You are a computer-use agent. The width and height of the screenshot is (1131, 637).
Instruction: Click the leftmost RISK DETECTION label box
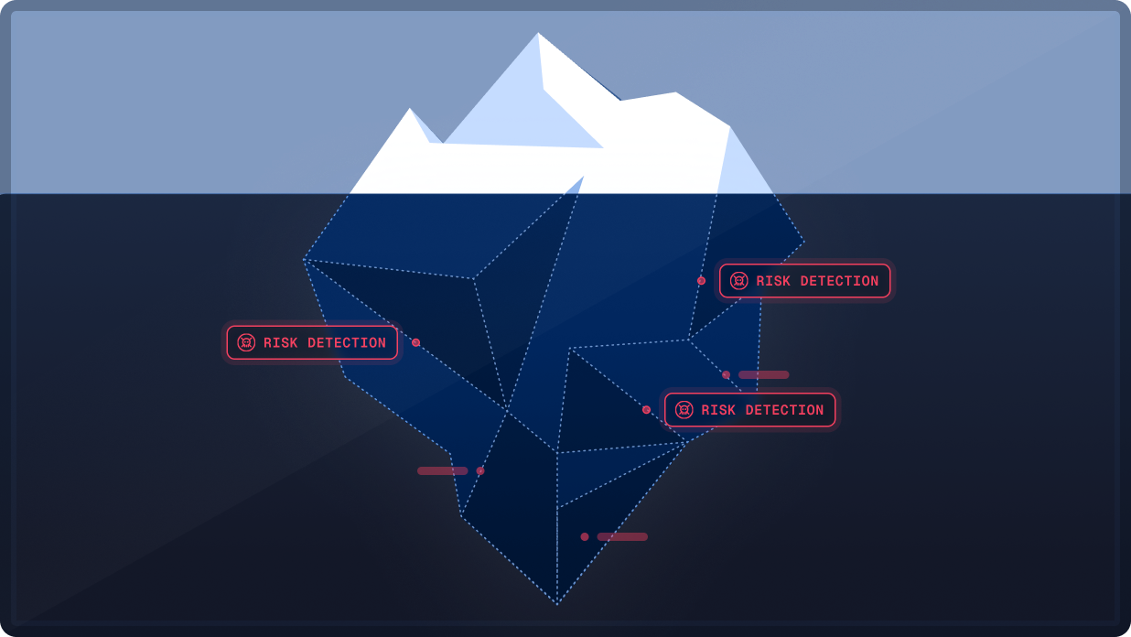pyautogui.click(x=312, y=342)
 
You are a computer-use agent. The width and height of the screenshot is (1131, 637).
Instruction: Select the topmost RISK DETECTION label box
pyautogui.click(x=804, y=281)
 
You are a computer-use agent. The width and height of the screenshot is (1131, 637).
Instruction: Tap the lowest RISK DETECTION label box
pyautogui.click(x=749, y=410)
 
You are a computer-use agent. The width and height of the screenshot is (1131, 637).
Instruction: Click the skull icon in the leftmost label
pyautogui.click(x=246, y=342)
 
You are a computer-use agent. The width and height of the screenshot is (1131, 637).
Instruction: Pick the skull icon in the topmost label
pyautogui.click(x=738, y=281)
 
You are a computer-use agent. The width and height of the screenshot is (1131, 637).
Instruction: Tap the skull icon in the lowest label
pyautogui.click(x=684, y=410)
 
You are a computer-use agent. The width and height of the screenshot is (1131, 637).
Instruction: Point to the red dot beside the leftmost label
pyautogui.click(x=415, y=342)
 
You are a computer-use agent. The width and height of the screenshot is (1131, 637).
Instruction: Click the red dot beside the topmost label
pyautogui.click(x=701, y=281)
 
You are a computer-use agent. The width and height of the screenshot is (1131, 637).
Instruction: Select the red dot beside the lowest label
pyautogui.click(x=646, y=410)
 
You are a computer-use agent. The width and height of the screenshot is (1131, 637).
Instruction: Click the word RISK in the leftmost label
pyautogui.click(x=281, y=343)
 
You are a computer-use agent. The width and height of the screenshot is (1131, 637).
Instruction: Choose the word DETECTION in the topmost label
pyautogui.click(x=839, y=282)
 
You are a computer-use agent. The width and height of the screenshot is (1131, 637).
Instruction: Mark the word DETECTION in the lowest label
pyautogui.click(x=784, y=411)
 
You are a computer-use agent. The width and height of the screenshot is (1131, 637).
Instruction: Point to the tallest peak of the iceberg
pyautogui.click(x=538, y=35)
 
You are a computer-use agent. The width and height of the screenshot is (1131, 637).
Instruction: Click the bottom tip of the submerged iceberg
pyautogui.click(x=557, y=603)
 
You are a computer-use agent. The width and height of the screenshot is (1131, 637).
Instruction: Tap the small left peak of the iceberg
pyautogui.click(x=410, y=110)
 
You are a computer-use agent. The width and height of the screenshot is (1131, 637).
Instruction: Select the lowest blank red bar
pyautogui.click(x=622, y=536)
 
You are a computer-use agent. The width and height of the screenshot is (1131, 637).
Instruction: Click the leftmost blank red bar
pyautogui.click(x=442, y=470)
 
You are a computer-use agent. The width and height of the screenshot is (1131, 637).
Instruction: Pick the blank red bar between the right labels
pyautogui.click(x=763, y=374)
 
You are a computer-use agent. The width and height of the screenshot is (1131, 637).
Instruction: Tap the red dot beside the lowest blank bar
pyautogui.click(x=585, y=536)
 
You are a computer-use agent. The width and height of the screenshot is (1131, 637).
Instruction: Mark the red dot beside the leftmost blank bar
pyautogui.click(x=480, y=470)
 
